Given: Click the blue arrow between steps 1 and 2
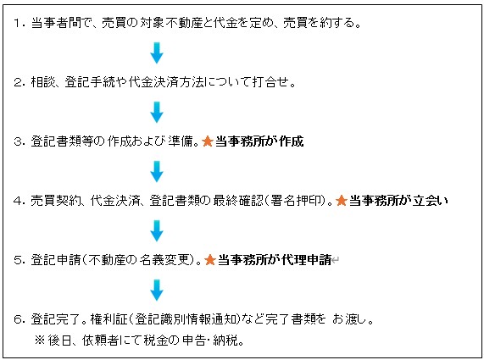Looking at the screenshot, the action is [x=157, y=53].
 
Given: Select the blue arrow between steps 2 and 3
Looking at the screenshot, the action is [x=157, y=112].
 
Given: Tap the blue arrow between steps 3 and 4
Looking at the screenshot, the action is [x=157, y=171].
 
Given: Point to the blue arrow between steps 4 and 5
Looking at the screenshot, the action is [x=157, y=230].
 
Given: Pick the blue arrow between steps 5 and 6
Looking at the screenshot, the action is [x=157, y=290].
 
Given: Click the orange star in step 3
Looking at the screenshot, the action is [x=208, y=141].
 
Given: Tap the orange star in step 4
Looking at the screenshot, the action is [x=342, y=201].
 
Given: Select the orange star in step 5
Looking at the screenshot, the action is [x=210, y=260].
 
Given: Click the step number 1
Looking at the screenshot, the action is [x=17, y=23].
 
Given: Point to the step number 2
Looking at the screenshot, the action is [x=17, y=82].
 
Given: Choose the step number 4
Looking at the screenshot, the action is [x=17, y=201].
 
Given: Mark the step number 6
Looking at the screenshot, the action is [x=17, y=319].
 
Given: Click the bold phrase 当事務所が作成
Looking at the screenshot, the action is [x=259, y=141].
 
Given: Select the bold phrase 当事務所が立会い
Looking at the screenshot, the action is [x=398, y=201].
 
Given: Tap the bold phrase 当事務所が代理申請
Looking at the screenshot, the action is [x=275, y=260].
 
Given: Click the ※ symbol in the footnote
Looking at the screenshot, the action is [x=40, y=341].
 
